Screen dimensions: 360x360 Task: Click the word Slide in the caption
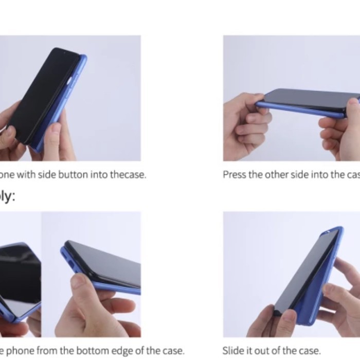[x=233, y=351]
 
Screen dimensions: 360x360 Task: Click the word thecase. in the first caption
[x=127, y=175]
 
